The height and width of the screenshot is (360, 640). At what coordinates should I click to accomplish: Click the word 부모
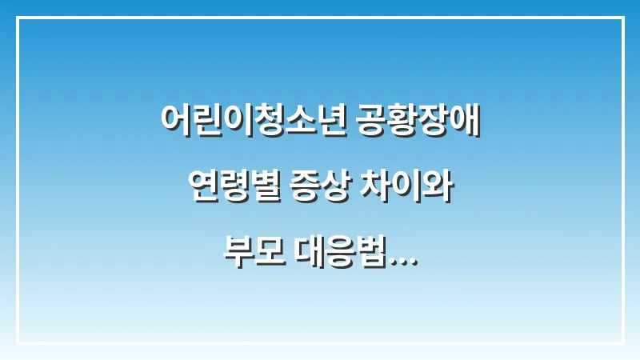251,258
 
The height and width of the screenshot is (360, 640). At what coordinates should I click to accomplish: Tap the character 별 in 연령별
257,190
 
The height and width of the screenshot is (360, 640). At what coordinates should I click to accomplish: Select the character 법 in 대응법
377,258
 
